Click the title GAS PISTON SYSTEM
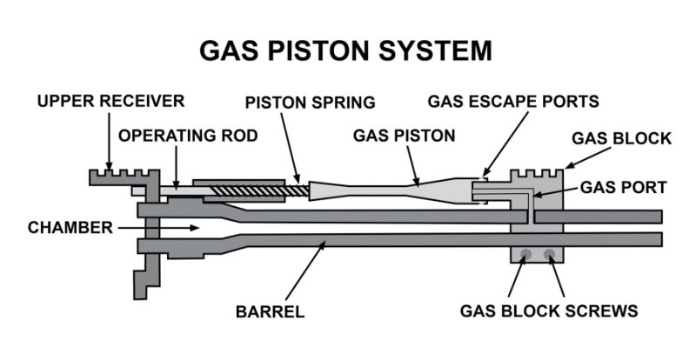tap(345, 50)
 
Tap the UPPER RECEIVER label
tap(111, 101)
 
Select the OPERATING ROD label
tap(188, 136)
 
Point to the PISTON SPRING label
tap(311, 102)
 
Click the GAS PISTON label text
tap(404, 136)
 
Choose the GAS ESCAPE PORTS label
tap(513, 101)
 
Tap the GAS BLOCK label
tap(621, 138)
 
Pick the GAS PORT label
tap(623, 187)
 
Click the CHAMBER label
tap(70, 228)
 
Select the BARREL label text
tap(271, 311)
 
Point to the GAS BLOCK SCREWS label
tap(549, 310)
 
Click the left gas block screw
tap(525, 254)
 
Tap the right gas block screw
tap(549, 254)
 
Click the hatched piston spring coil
tap(259, 191)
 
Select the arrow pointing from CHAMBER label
tap(158, 228)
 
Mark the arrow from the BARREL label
tap(305, 270)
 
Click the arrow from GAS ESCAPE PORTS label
tap(505, 143)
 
